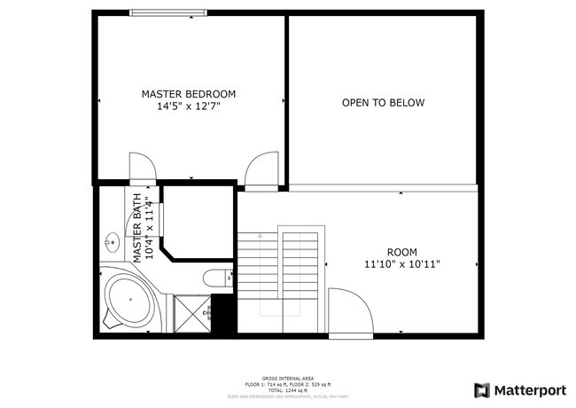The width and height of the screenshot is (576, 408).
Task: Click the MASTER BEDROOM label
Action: pos(189,93)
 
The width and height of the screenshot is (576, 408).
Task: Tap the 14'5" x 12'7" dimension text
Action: pos(189,106)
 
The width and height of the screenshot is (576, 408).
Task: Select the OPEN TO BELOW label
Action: pos(383,103)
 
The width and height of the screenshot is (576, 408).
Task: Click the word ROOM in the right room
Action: pos(401,252)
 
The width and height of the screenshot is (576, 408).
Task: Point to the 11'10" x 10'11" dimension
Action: pos(401,264)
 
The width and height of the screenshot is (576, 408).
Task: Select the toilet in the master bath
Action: pos(215,279)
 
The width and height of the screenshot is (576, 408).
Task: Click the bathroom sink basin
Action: pos(113,241)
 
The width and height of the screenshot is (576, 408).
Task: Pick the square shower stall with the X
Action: pos(191,312)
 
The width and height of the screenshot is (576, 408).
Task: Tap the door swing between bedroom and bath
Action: pos(143,167)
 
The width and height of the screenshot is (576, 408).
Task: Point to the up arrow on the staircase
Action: pos(260,237)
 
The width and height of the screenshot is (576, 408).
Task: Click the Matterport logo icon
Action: pos(482,389)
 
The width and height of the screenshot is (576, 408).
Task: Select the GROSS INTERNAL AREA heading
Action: pos(289,376)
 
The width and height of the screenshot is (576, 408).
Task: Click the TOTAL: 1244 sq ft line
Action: pos(289,389)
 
